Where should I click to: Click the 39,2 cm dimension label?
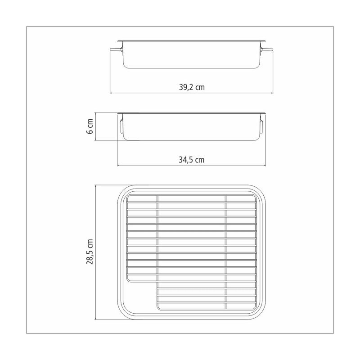(x=192, y=87)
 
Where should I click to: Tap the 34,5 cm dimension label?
(x=192, y=160)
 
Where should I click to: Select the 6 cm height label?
(x=90, y=126)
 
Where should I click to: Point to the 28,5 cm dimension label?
(x=90, y=252)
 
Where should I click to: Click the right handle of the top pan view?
(x=266, y=49)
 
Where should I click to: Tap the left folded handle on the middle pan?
(x=121, y=126)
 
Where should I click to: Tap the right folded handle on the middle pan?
(x=261, y=126)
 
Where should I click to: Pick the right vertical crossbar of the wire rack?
(x=225, y=252)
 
